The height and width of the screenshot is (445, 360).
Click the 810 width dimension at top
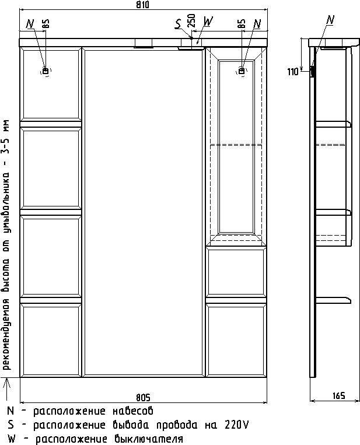tap(142, 5)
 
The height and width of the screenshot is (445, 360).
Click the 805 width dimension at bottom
tap(143, 398)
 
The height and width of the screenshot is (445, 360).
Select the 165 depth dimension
tap(339, 395)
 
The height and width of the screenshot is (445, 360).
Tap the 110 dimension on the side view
tap(293, 72)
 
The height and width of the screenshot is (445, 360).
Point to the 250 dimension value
tap(192, 20)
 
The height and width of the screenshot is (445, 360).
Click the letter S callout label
tap(178, 24)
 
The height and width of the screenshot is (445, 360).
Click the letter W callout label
tap(208, 21)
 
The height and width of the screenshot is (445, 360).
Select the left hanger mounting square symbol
tap(46, 71)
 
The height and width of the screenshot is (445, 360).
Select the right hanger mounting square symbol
tap(242, 71)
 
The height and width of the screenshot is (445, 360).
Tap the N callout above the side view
tap(330, 20)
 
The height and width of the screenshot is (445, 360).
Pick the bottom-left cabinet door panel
tap(51, 340)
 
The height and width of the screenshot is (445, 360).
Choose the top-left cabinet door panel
tap(51, 84)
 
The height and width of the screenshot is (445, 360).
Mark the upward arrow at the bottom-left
tap(8, 388)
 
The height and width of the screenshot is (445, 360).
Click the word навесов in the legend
tap(132, 411)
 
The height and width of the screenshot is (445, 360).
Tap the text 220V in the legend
tap(236, 425)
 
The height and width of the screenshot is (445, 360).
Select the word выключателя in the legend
tap(149, 439)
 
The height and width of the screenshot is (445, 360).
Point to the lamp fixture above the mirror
tap(144, 43)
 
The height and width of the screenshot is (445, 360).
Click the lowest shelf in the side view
tap(333, 300)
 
